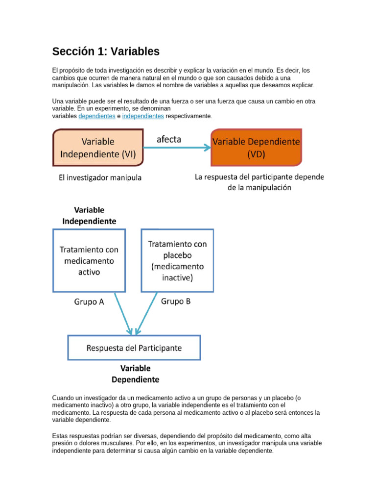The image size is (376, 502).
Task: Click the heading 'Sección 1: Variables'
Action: coord(106,51)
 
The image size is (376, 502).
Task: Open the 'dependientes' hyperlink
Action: coord(96,116)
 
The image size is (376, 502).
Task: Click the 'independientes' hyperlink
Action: coord(143,116)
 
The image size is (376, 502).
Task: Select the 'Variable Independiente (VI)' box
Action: coord(98,148)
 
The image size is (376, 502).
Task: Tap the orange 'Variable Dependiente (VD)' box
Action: coord(256,148)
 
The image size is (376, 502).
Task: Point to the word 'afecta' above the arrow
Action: coord(169,139)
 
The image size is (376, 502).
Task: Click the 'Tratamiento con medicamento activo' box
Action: coord(89,260)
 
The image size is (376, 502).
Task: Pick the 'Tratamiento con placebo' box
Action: coord(177,260)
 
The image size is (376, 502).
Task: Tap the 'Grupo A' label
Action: coord(89,302)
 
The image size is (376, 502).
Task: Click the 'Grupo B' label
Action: coord(176,301)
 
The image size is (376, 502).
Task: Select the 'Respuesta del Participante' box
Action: coord(134,348)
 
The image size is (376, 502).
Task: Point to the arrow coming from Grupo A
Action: coord(123,314)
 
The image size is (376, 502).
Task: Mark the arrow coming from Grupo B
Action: coord(146,314)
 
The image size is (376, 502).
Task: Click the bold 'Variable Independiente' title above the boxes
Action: coord(89,215)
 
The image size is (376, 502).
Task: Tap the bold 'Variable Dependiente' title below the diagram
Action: coord(135,374)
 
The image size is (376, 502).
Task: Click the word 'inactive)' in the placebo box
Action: coord(177,278)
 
